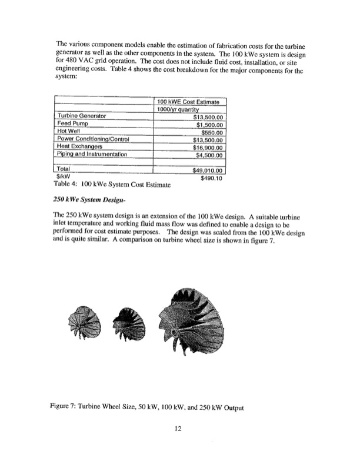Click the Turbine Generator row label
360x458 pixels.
(x=81, y=116)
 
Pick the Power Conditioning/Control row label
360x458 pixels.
(x=94, y=140)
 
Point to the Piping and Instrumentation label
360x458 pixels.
(x=92, y=155)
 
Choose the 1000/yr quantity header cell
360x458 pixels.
(x=179, y=109)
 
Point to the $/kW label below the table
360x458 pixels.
(x=63, y=178)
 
